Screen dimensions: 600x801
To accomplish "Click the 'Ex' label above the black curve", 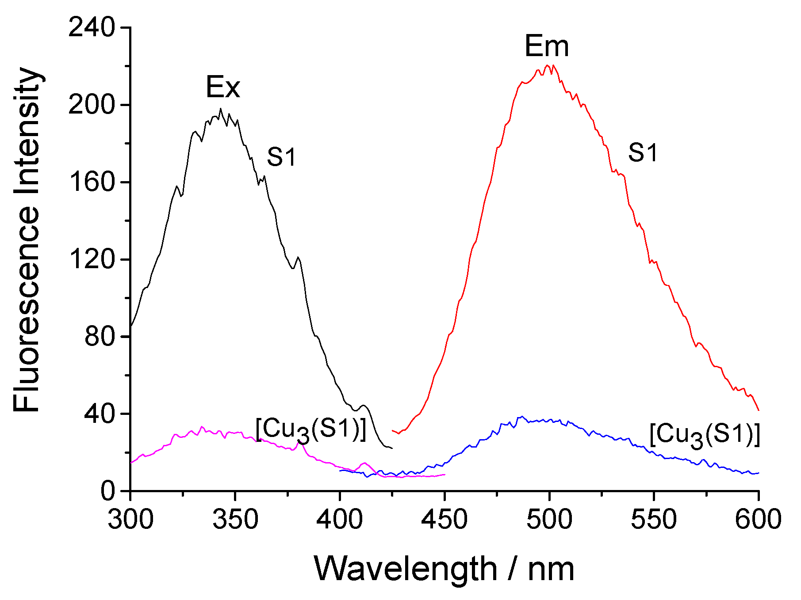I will click(x=223, y=87).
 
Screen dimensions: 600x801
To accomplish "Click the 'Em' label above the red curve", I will click(x=547, y=46).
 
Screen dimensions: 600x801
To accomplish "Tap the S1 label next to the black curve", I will click(x=281, y=157).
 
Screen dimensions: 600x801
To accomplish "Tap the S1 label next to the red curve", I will click(x=643, y=153).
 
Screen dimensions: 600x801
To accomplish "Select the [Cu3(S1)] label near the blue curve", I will click(x=705, y=436).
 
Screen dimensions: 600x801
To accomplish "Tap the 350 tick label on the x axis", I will click(x=235, y=520).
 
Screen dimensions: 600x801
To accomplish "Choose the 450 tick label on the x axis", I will click(x=445, y=520).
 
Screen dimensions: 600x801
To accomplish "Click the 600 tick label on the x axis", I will click(x=758, y=520).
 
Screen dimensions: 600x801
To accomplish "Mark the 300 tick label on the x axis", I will click(x=131, y=520).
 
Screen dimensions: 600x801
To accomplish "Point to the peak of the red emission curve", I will click(x=548, y=65).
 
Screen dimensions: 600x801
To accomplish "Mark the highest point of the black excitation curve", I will click(x=220, y=109).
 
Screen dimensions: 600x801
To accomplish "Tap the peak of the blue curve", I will click(x=522, y=416).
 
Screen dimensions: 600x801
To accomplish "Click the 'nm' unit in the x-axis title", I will click(x=551, y=569).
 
